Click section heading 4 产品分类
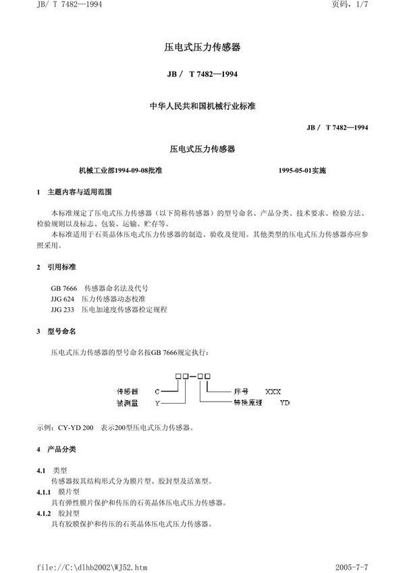59,449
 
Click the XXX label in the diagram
273,391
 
